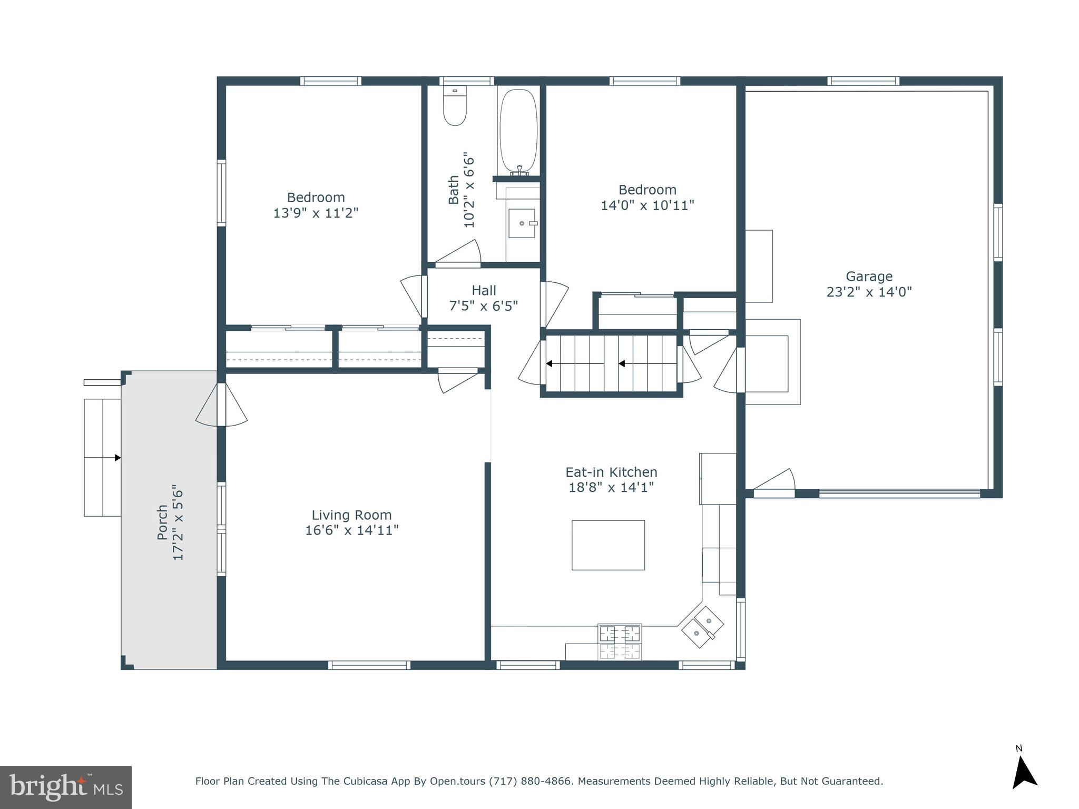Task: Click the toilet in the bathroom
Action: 455,106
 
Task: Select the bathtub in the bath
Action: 518,132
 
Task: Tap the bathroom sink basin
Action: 522,223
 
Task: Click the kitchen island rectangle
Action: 608,545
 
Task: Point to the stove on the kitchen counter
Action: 620,642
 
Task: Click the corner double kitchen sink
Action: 702,627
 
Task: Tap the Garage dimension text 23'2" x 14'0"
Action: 869,292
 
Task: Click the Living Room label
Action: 351,515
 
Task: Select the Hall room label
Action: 484,290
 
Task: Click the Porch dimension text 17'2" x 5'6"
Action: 178,522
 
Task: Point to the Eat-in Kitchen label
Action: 611,472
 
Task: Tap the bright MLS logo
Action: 66,787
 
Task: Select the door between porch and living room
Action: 221,404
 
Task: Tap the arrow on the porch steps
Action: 117,458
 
